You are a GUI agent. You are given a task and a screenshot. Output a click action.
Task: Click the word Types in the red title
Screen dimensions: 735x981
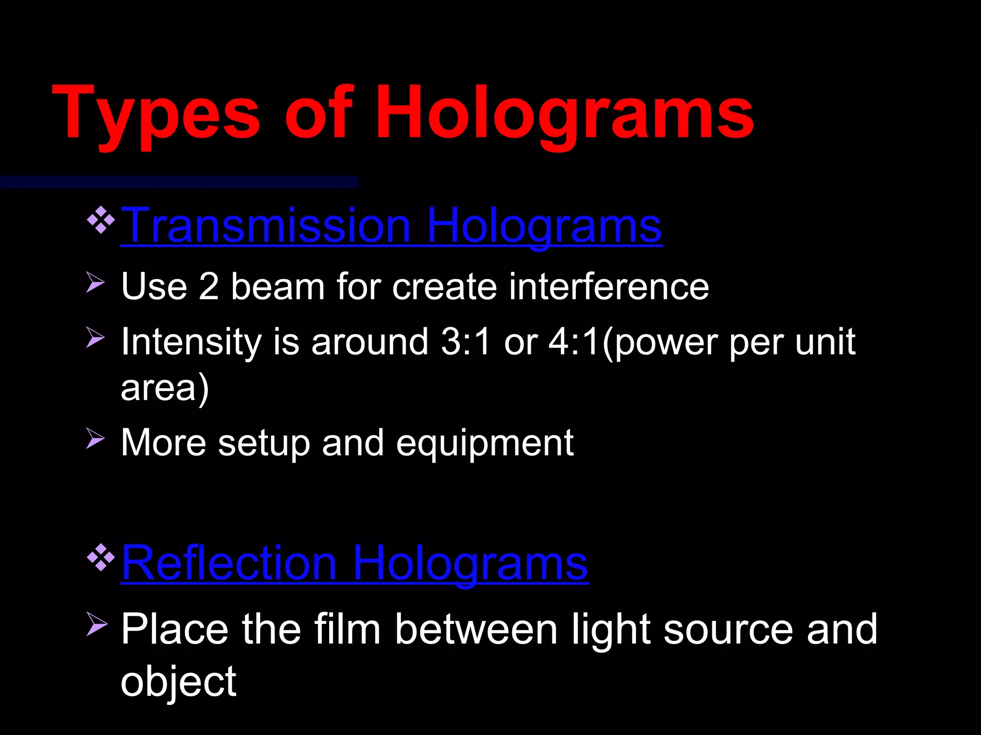[156, 115]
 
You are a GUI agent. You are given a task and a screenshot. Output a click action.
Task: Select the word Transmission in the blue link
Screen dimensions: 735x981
[266, 225]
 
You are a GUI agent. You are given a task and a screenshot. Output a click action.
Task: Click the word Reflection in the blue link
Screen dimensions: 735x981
[229, 563]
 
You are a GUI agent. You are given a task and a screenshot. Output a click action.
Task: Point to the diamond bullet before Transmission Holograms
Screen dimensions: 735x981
[101, 220]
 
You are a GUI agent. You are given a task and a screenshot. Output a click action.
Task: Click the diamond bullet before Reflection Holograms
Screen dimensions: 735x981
[101, 557]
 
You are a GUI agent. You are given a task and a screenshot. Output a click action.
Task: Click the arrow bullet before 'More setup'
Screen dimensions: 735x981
[95, 438]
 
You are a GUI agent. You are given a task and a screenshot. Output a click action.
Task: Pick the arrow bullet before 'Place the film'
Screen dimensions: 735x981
[96, 624]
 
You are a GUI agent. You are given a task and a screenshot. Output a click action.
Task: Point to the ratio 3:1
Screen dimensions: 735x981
[466, 342]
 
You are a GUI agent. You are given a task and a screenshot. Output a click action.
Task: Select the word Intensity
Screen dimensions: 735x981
[191, 342]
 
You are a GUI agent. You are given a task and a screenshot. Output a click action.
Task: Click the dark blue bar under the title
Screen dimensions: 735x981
[179, 182]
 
